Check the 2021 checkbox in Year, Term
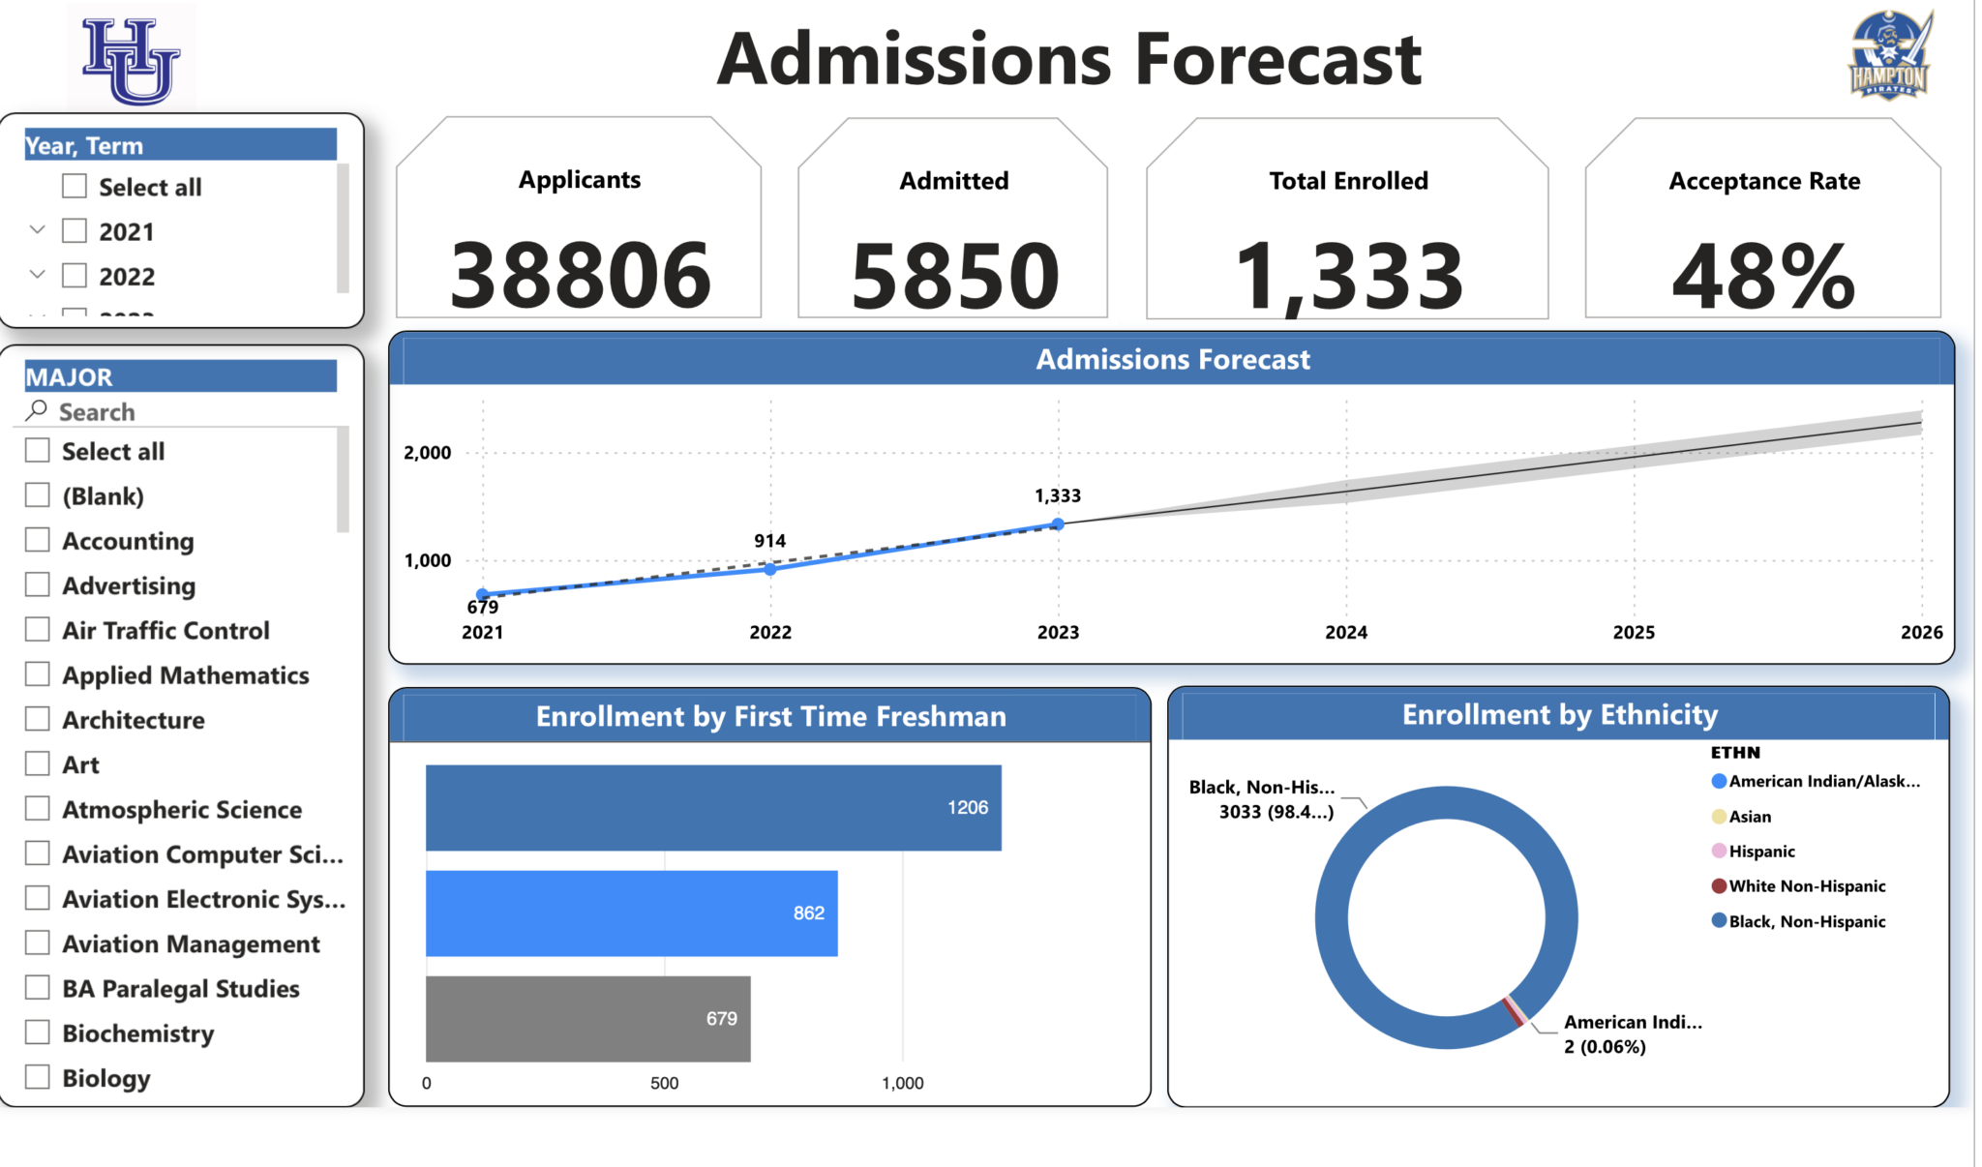coord(75,231)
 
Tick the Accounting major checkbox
coord(38,540)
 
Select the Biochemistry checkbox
coord(38,1032)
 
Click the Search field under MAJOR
coord(184,412)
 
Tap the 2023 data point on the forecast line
coord(1058,524)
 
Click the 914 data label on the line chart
coord(770,541)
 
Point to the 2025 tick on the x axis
coord(1634,632)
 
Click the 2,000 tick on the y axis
coord(428,453)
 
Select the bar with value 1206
coord(713,808)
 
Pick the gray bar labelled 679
coord(587,1018)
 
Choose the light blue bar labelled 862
coord(631,913)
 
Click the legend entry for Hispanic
coord(1761,852)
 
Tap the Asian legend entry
coord(1750,817)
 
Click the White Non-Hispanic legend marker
coord(1719,886)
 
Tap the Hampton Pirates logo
coord(1889,56)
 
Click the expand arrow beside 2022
coord(38,275)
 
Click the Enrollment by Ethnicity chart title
coord(1559,715)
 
